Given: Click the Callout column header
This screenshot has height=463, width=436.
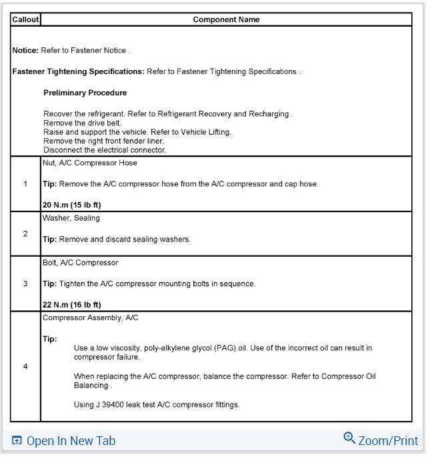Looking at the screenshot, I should point(26,19).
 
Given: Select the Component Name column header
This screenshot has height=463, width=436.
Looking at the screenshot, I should point(226,19).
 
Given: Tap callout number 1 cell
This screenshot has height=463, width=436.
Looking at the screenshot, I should point(25,183).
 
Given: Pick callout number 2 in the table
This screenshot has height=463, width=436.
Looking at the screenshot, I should point(25,234).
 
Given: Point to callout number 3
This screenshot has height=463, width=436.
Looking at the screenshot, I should point(25,284).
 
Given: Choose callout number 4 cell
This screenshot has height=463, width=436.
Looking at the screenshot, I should point(25,366).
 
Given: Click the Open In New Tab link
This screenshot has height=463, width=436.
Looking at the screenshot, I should point(71,441).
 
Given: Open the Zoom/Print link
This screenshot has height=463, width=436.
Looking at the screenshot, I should point(388,441).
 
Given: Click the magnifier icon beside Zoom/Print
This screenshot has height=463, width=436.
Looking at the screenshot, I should point(349,438).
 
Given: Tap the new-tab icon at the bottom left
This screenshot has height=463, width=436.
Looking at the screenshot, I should point(17,441).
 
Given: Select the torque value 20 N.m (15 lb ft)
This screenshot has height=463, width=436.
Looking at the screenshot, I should point(72,205).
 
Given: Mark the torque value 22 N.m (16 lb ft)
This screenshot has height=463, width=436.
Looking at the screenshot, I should point(72,305).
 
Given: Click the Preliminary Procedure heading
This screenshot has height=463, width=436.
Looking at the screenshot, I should point(85,93).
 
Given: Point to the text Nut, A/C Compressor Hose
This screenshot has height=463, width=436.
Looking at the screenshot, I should point(90,163).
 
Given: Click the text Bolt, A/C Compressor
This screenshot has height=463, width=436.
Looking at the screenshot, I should point(81,263).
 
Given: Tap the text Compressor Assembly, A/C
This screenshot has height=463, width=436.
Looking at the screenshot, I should point(91,318).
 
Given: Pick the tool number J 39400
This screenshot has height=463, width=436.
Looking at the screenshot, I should point(110,405).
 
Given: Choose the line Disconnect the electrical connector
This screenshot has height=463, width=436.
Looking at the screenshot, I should point(105,150).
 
